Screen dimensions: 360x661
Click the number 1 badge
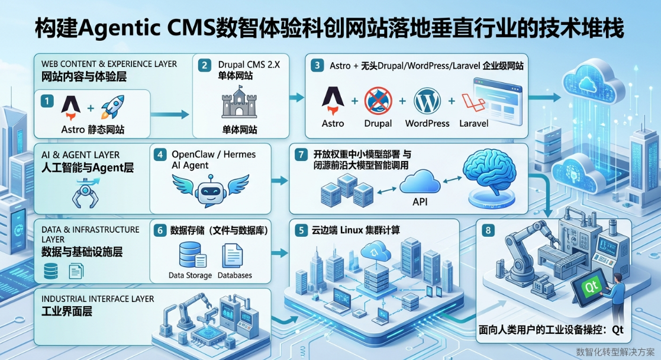click(47, 101)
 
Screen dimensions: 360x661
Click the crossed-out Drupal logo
click(378, 101)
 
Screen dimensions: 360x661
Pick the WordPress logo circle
click(427, 101)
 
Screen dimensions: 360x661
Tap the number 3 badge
click(318, 65)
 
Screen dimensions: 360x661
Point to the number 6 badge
click(159, 230)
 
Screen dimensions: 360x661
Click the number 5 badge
click(301, 230)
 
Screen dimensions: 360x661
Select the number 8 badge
click(487, 230)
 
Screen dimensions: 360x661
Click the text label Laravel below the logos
click(474, 123)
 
